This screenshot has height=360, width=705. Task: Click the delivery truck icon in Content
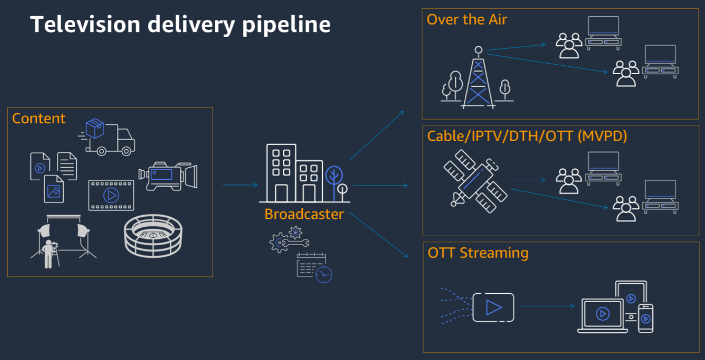[x=108, y=137]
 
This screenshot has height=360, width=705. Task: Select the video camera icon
[x=168, y=176]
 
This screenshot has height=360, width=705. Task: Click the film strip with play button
[x=111, y=195]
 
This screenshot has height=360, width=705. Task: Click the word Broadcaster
[x=304, y=214]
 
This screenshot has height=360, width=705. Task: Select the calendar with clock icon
[x=314, y=268]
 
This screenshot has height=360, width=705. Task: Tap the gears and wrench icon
[x=289, y=240]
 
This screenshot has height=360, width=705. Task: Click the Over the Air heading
[x=467, y=20]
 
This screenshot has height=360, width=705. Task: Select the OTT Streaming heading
[x=478, y=253]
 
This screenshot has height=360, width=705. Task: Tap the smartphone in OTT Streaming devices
[x=645, y=318]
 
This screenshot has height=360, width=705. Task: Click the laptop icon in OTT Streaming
[x=602, y=316]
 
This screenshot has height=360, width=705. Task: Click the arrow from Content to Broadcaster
[x=240, y=185]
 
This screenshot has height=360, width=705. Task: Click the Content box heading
[x=39, y=119]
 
